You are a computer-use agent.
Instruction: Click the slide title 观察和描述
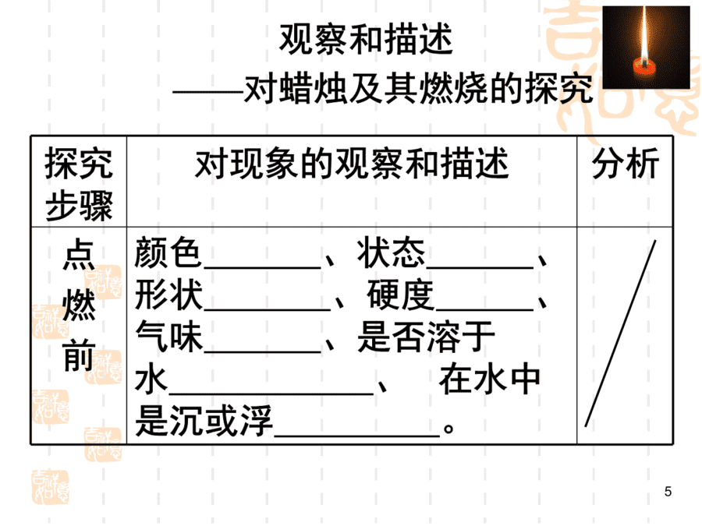click(x=367, y=40)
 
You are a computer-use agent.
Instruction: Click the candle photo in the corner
click(x=646, y=47)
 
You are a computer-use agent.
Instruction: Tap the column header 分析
click(x=625, y=164)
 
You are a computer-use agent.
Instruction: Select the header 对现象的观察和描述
click(x=352, y=164)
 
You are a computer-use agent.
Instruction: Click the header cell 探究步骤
click(x=79, y=184)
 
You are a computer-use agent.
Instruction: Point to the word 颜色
click(x=168, y=252)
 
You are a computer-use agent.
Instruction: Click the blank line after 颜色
click(x=262, y=267)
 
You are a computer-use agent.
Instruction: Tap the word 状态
click(x=391, y=252)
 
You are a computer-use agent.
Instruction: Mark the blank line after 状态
click(x=480, y=267)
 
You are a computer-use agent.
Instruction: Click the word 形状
click(x=168, y=295)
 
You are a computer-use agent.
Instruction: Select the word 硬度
click(x=400, y=295)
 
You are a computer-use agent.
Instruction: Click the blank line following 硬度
click(x=484, y=309)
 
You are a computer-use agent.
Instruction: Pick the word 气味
click(x=168, y=337)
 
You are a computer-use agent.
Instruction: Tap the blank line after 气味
click(x=262, y=352)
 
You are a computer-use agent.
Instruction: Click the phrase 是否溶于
click(x=426, y=337)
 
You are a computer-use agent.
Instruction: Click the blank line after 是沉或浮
click(x=356, y=434)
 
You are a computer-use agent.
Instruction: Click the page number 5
click(x=668, y=492)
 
